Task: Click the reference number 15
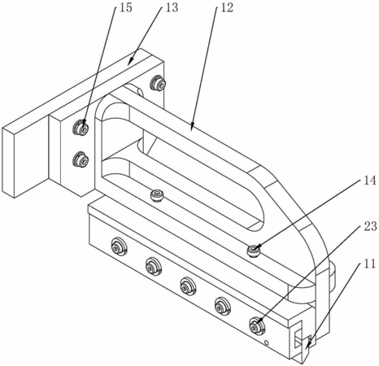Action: click(125, 7)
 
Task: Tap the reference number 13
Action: click(172, 7)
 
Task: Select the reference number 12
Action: click(227, 7)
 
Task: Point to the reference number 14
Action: click(370, 181)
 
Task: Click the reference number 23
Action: click(370, 226)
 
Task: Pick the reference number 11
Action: click(370, 264)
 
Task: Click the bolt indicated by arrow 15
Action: click(81, 127)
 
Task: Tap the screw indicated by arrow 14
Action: click(254, 250)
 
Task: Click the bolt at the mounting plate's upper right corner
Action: click(158, 83)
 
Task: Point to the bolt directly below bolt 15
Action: click(81, 159)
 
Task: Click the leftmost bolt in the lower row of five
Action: click(120, 246)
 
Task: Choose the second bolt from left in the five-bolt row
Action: click(154, 266)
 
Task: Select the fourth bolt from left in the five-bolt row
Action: click(223, 306)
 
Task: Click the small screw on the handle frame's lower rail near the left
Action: click(157, 195)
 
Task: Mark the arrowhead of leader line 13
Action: click(130, 62)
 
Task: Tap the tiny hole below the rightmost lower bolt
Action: click(266, 343)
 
